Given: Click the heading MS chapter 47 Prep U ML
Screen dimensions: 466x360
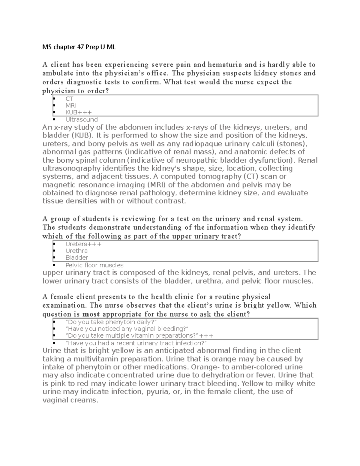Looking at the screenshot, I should [x=79, y=47].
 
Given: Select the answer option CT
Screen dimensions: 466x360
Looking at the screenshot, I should [x=69, y=99].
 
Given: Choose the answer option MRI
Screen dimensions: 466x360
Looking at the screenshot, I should [x=70, y=106].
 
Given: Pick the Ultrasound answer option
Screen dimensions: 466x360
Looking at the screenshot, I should [x=82, y=119].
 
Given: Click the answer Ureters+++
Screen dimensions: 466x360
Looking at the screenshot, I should [x=83, y=244].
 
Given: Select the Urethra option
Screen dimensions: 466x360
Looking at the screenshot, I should [x=76, y=251].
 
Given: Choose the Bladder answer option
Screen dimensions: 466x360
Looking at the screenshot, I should [x=77, y=258].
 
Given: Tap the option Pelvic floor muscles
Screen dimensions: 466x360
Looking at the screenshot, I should [x=94, y=265].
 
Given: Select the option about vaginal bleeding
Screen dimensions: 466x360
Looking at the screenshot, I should [x=127, y=329].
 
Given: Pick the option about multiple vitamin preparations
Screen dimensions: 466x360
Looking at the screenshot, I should [x=139, y=336].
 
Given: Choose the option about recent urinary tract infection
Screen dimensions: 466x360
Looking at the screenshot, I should [x=136, y=343].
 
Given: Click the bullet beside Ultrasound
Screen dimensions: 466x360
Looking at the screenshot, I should [x=54, y=119].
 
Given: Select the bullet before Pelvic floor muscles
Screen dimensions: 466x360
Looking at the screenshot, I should [x=54, y=265].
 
